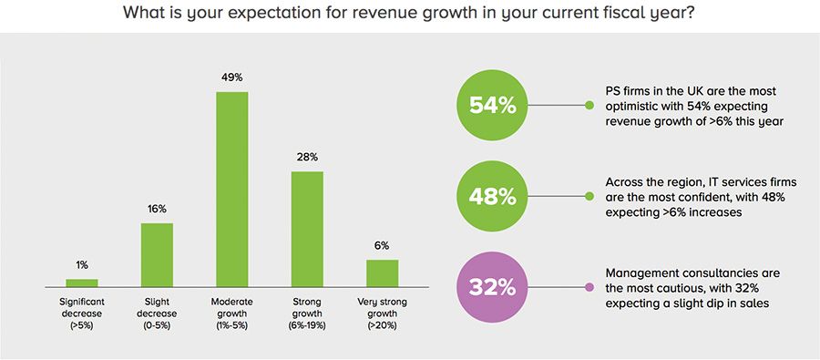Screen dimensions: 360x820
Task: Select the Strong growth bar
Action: click(x=307, y=229)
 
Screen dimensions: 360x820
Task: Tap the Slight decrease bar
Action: click(x=157, y=255)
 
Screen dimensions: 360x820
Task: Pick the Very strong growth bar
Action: click(x=382, y=273)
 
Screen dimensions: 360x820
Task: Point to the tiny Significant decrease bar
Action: click(x=82, y=283)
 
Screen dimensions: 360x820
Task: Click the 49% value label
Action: click(x=231, y=78)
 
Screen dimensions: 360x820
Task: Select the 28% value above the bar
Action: click(x=307, y=157)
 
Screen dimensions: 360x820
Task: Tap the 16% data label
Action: click(x=157, y=209)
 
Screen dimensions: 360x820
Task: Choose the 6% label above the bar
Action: click(x=382, y=245)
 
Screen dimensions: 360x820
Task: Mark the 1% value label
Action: click(x=82, y=265)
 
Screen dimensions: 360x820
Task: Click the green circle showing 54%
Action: click(x=492, y=106)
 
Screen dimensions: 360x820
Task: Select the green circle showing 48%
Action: click(x=492, y=197)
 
